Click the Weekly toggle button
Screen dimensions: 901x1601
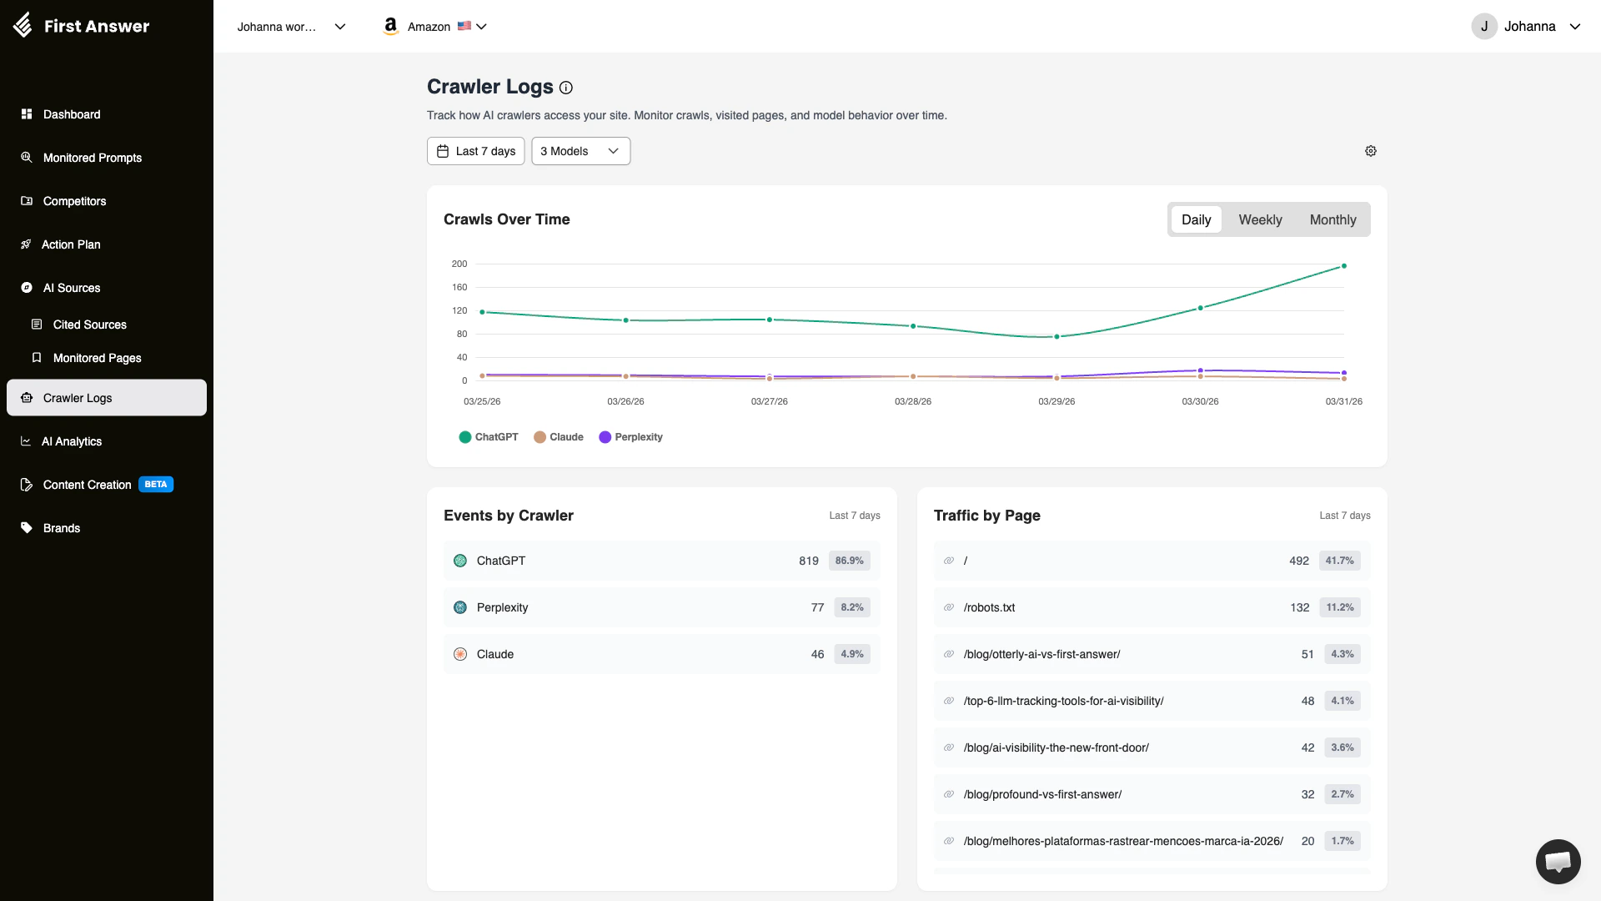pos(1259,219)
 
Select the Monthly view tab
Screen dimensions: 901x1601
pos(1332,219)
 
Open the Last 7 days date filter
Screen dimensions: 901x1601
pos(475,151)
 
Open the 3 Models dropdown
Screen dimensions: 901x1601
pos(580,151)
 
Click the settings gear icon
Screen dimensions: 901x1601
pos(1370,151)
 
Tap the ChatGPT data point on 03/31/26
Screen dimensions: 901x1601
pos(1343,266)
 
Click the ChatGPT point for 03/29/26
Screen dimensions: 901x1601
pos(1056,337)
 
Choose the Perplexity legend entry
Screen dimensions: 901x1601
pos(630,437)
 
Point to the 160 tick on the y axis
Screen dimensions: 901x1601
pos(459,287)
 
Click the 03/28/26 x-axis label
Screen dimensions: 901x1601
pos(912,401)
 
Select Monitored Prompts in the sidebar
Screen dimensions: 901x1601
pos(92,158)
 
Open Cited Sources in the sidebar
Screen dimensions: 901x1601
pos(89,325)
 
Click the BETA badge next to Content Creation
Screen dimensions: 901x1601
pos(156,485)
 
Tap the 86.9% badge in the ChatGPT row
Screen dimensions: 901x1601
pos(849,561)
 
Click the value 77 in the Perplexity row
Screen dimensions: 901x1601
pos(817,607)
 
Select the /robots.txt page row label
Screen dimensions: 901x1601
pos(989,607)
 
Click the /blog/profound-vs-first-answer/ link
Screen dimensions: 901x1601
pos(1042,794)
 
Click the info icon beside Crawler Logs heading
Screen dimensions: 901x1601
pos(566,88)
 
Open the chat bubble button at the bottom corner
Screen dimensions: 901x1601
pos(1558,861)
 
